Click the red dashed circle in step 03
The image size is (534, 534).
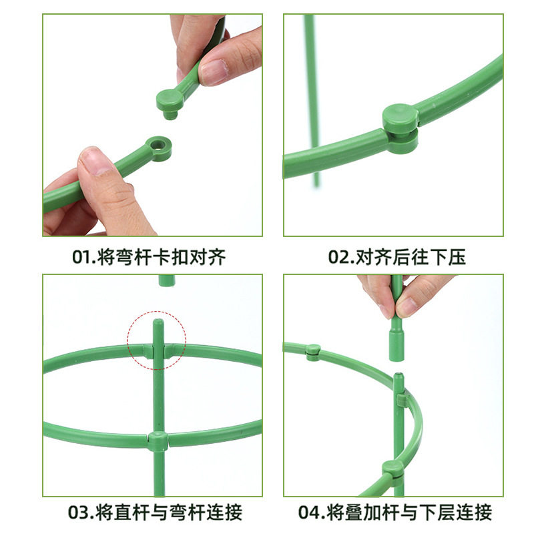click(x=158, y=339)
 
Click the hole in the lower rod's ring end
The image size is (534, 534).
click(x=159, y=143)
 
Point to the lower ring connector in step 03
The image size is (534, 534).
click(x=158, y=441)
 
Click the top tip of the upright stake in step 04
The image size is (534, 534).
click(x=398, y=377)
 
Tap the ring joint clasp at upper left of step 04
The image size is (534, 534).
click(x=312, y=352)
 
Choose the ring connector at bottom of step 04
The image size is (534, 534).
click(x=393, y=470)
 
